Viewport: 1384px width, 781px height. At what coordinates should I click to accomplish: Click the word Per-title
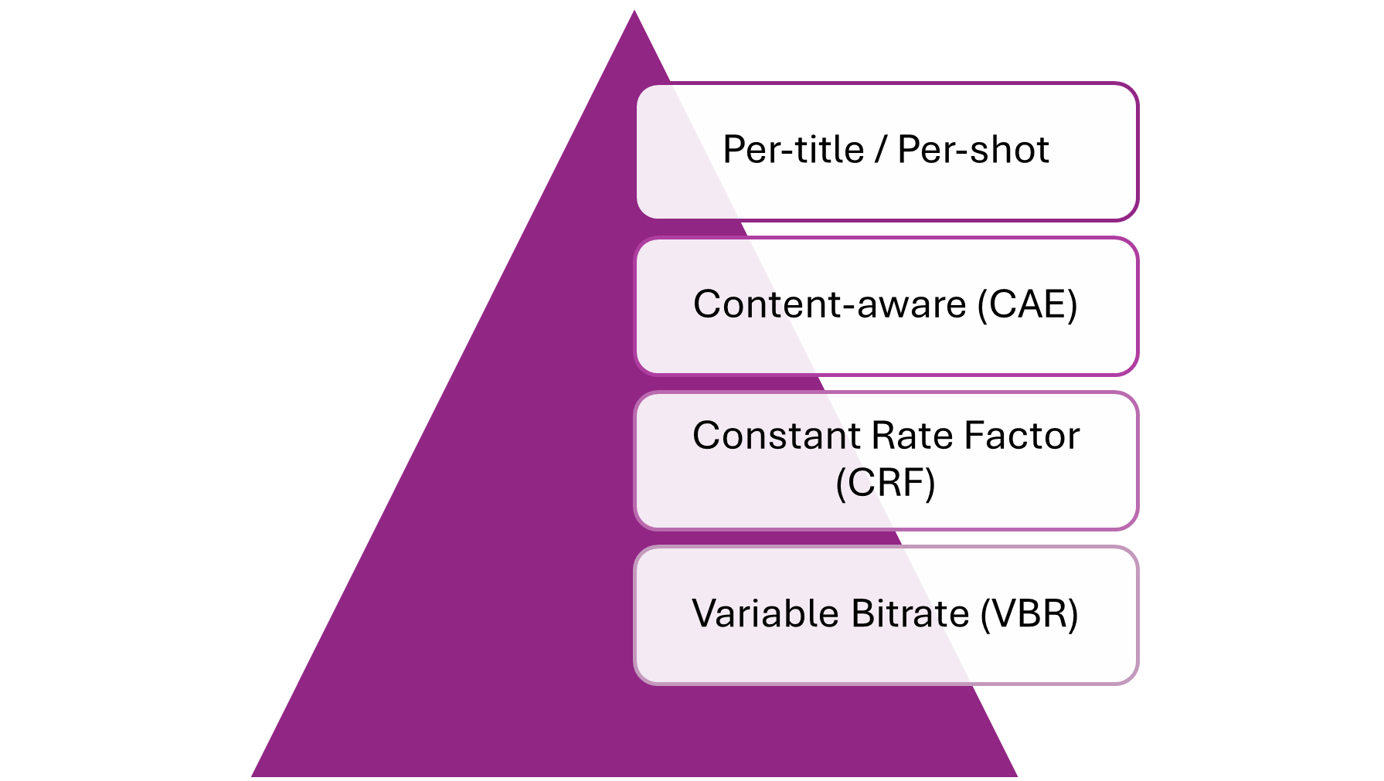793,150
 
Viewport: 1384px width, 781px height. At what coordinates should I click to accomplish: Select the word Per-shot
973,150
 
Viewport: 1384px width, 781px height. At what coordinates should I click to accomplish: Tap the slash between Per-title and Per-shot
881,150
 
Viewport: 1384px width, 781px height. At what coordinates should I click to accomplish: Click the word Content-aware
829,304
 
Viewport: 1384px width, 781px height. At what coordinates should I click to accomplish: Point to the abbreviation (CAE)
1028,304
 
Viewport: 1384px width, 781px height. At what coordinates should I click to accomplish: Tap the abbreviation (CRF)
886,484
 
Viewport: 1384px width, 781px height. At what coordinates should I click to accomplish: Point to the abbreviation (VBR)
1029,614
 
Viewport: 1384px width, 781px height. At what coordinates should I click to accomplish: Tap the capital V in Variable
706,614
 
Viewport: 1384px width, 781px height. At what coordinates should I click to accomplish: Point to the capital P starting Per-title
733,150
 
